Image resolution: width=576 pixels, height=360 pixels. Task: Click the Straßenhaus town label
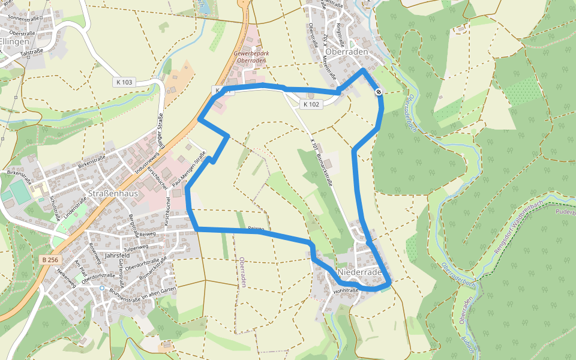tap(113, 193)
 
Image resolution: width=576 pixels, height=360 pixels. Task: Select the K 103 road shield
tap(123, 82)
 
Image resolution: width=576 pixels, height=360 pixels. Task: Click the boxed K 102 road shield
tap(312, 104)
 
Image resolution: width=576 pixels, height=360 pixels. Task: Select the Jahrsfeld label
tap(117, 255)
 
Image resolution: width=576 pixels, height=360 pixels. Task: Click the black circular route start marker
tap(379, 92)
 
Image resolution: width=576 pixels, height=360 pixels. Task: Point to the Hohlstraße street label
tap(346, 290)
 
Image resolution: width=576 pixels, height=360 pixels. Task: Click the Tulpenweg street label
tap(136, 247)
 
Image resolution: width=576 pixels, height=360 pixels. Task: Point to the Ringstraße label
tap(340, 35)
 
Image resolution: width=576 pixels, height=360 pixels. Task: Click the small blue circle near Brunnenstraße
tap(102, 288)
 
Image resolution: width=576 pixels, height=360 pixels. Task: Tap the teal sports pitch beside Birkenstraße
tap(19, 193)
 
